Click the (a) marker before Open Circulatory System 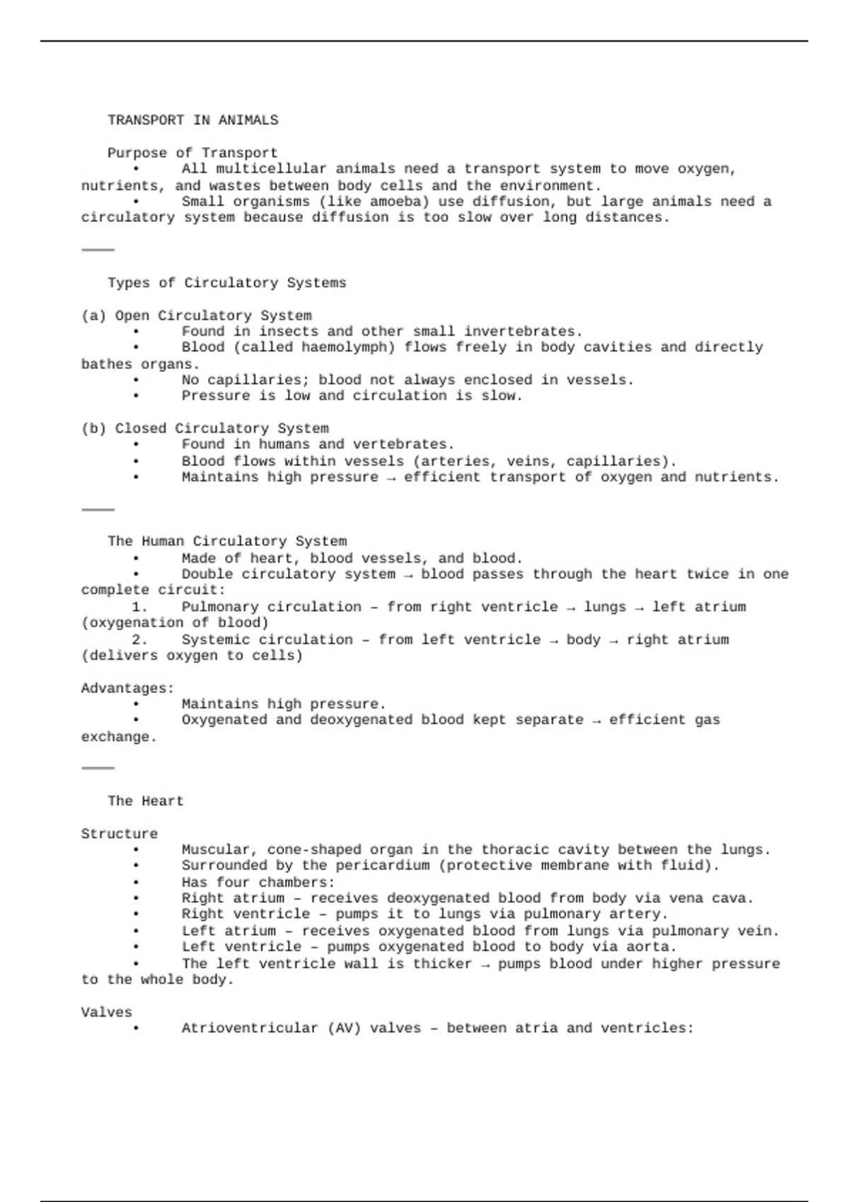93,315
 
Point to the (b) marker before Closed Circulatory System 93,428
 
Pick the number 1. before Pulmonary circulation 139,607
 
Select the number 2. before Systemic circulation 139,640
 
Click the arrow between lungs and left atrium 639,607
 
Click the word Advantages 127,688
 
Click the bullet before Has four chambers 136,882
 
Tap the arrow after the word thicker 485,964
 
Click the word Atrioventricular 250,1028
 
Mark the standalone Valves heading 106,1012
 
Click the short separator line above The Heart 98,767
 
